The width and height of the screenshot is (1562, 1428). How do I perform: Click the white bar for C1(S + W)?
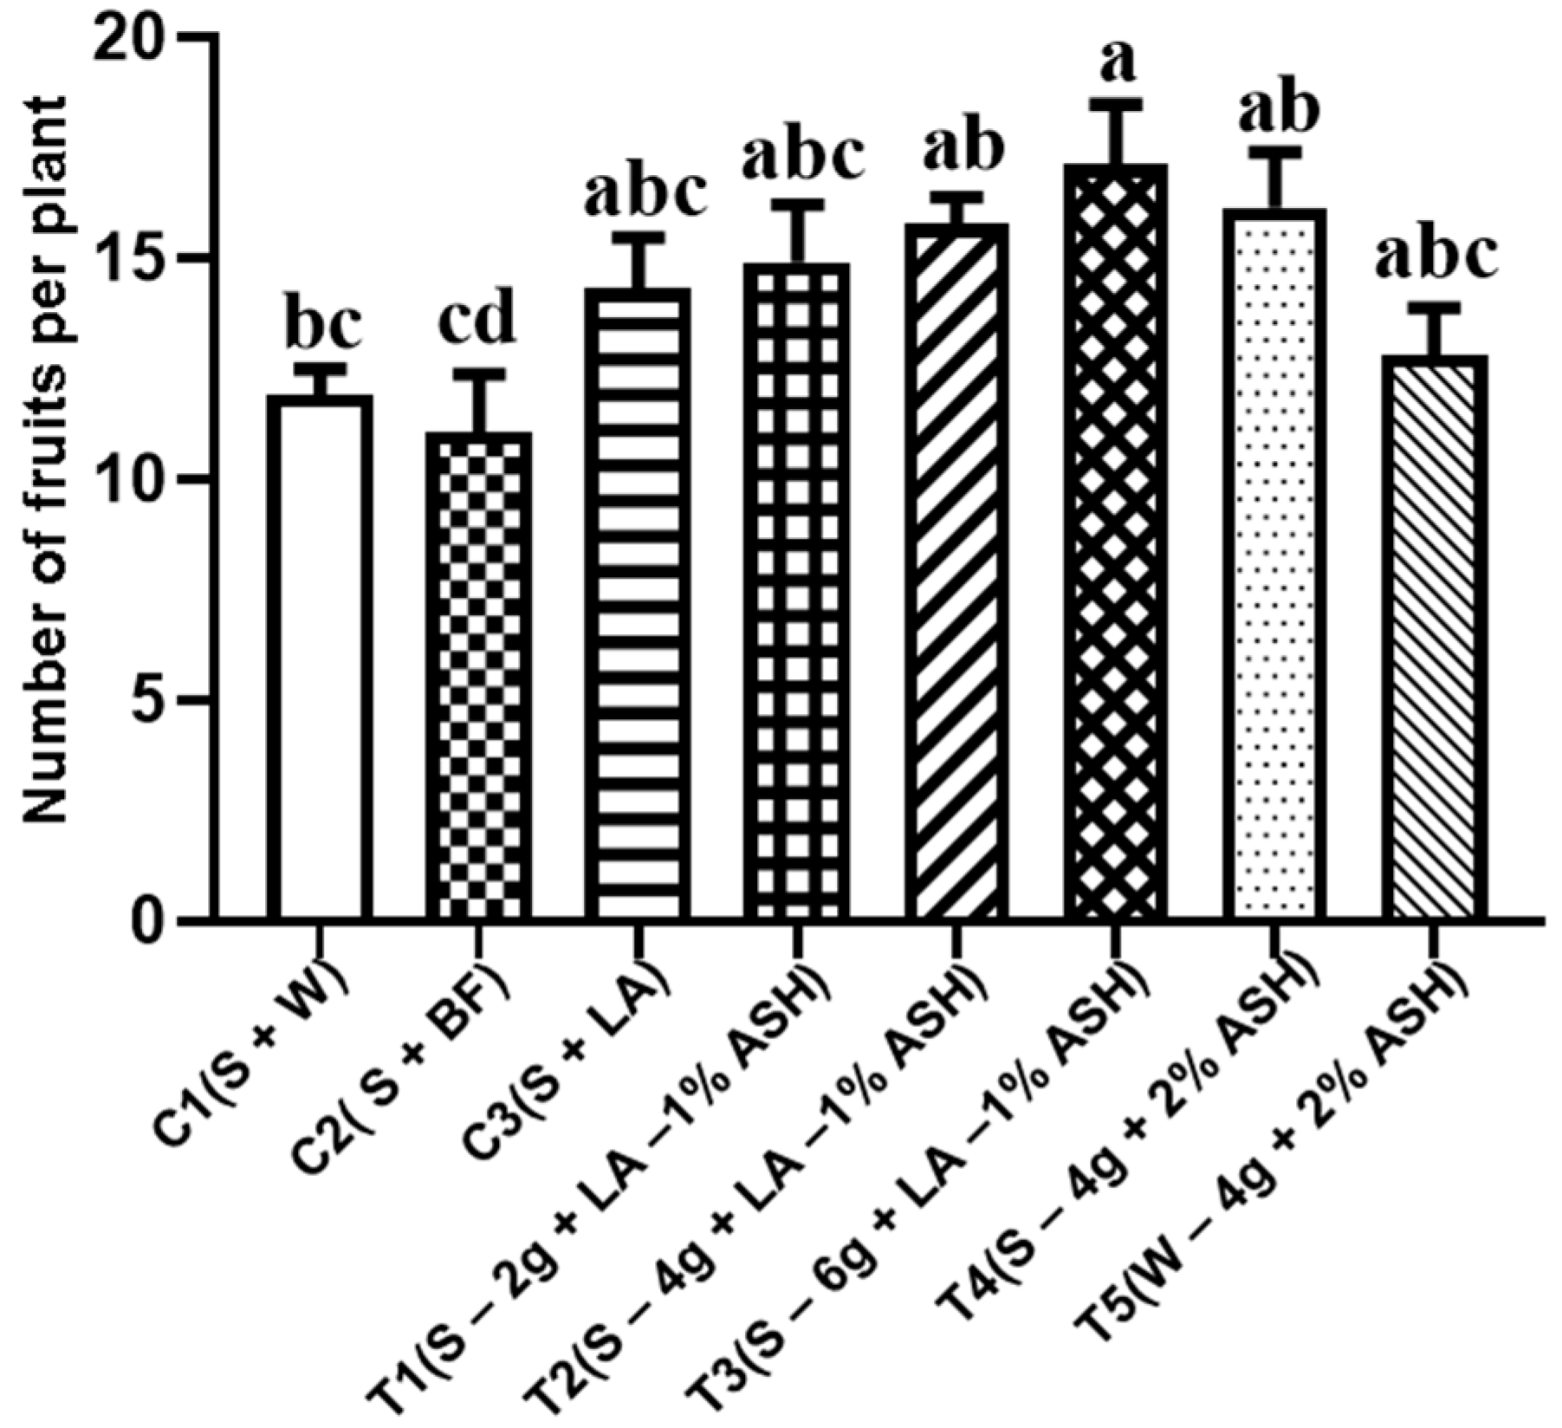pyautogui.click(x=320, y=659)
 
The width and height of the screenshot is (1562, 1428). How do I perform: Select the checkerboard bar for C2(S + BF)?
pyautogui.click(x=479, y=676)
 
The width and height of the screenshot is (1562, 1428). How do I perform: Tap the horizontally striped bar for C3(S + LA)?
pyautogui.click(x=638, y=607)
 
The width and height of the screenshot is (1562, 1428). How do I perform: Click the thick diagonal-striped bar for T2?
pyautogui.click(x=957, y=572)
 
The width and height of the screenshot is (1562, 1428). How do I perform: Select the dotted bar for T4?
pyautogui.click(x=1276, y=563)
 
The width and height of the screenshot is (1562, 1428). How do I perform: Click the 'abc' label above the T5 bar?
pyautogui.click(x=1436, y=257)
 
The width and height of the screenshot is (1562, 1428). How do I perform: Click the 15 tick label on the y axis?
pyautogui.click(x=130, y=260)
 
